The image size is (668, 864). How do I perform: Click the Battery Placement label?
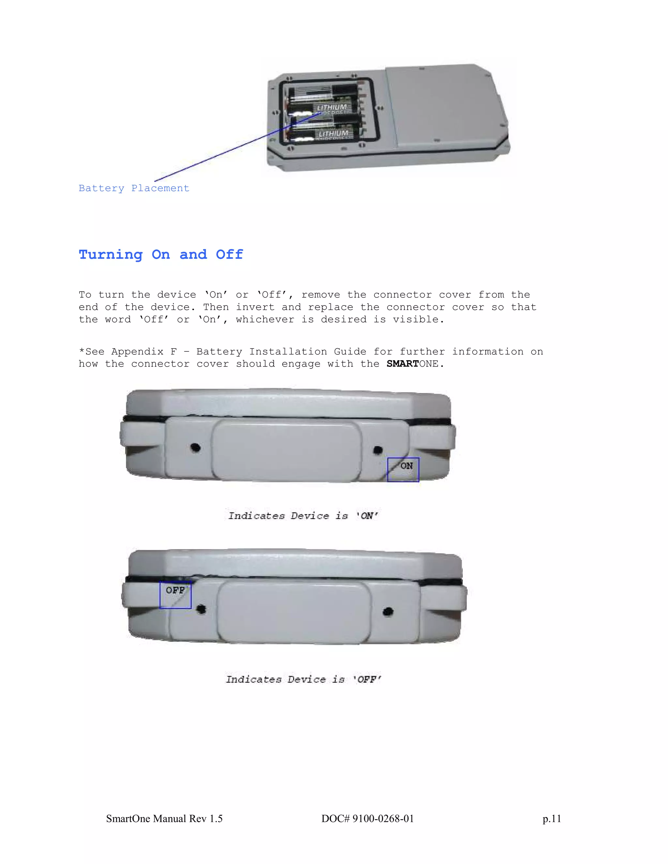[134, 188]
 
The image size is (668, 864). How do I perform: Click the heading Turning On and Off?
[161, 254]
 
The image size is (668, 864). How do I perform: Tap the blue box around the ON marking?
[403, 469]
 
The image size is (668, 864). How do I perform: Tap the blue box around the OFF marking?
[175, 595]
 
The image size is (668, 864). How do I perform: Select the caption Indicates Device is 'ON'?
[303, 515]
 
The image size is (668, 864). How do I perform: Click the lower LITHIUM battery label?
[333, 134]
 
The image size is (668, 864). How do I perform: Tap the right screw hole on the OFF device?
[388, 612]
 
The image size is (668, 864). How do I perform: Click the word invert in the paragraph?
[254, 307]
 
